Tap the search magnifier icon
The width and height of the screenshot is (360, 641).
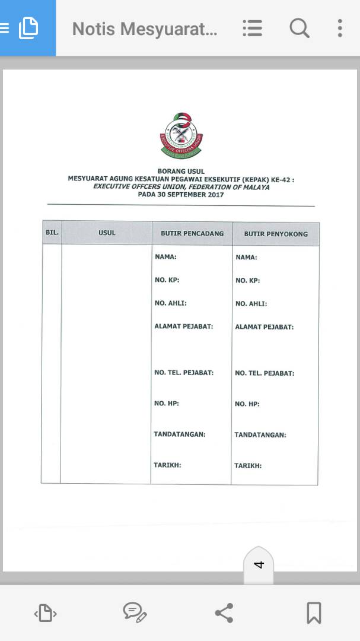[x=299, y=28]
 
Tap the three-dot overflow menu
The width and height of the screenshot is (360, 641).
[x=339, y=28]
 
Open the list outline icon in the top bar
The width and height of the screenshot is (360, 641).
[x=252, y=28]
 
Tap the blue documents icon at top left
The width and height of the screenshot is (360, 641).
[x=28, y=28]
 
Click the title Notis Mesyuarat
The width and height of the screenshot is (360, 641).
[x=144, y=28]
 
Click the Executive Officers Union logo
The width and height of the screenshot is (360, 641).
[x=181, y=136]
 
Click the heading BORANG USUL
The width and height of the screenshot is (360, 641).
[x=181, y=172]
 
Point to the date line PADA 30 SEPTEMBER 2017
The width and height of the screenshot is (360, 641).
[x=181, y=194]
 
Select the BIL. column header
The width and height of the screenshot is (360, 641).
[x=52, y=233]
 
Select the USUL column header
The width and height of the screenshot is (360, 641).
[x=107, y=233]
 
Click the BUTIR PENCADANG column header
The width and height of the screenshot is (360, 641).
[x=192, y=233]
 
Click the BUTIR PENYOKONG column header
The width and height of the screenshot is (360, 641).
[x=276, y=234]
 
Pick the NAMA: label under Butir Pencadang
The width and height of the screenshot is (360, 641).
[x=165, y=257]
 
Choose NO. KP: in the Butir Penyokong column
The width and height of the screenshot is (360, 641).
[x=247, y=281]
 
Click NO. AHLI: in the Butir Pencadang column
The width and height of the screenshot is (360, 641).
[x=170, y=303]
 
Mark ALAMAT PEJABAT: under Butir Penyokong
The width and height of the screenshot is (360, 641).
[x=264, y=327]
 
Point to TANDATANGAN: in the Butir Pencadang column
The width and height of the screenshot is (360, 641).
[x=180, y=434]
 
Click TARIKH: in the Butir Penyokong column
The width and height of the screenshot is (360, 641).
[x=248, y=466]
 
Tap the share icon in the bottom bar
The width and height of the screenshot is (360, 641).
[x=224, y=613]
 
